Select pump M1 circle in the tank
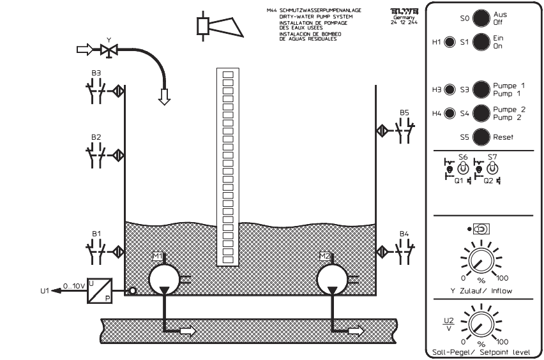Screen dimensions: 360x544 tap(164, 278)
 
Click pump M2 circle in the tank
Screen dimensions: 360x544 tap(333, 278)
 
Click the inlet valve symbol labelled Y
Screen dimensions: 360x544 tap(108, 49)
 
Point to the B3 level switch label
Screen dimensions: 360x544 tap(96, 73)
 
